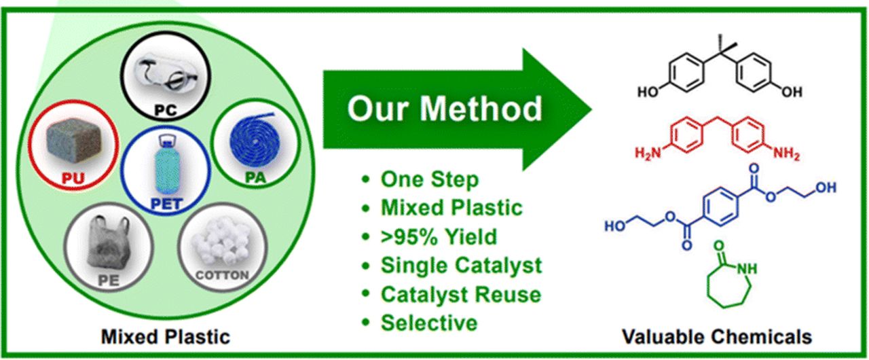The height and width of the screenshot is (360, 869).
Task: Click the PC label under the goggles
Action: [x=166, y=110]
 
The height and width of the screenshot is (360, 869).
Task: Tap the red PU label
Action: [x=73, y=178]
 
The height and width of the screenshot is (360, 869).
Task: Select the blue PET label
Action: [x=166, y=204]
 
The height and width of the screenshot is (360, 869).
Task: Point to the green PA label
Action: [x=256, y=177]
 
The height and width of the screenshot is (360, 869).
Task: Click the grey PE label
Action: [x=108, y=281]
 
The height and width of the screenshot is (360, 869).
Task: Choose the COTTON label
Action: [x=222, y=275]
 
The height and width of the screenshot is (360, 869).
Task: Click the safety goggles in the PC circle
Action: [x=166, y=73]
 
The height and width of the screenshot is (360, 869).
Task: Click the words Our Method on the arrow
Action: [x=445, y=109]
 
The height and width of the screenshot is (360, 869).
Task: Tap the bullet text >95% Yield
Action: [x=439, y=236]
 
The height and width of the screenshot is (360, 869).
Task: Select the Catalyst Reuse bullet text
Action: [x=461, y=294]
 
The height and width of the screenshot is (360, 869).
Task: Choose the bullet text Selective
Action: [x=429, y=323]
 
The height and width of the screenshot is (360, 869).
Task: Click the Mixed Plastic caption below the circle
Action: [x=166, y=336]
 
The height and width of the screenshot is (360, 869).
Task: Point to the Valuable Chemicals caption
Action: [x=718, y=336]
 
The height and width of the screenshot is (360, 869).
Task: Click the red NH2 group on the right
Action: [x=787, y=154]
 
